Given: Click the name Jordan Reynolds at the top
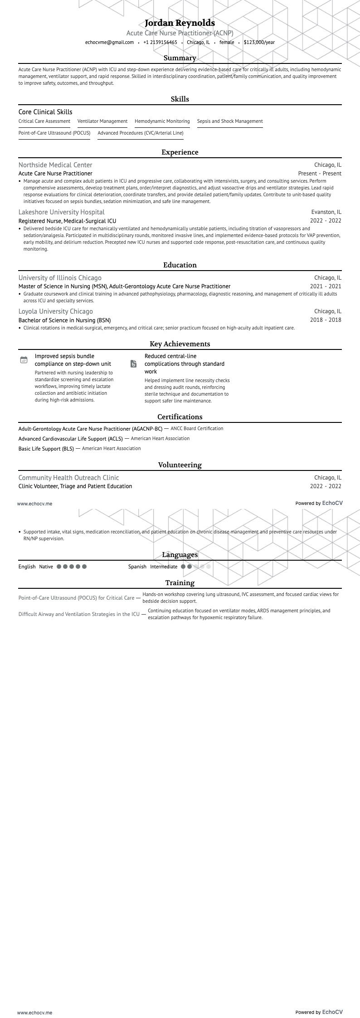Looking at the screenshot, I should click(x=180, y=23).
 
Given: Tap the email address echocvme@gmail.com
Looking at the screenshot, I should click(x=109, y=42).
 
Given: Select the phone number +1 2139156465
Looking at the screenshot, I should click(x=160, y=42).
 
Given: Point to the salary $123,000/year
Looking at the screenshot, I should click(x=259, y=42).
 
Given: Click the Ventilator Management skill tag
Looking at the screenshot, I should click(x=102, y=121).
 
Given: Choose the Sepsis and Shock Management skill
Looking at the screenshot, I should click(x=230, y=121).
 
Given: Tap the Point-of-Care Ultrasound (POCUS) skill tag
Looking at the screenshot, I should click(x=54, y=133).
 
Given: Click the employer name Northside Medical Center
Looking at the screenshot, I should click(x=55, y=165).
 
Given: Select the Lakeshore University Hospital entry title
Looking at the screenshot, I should click(x=62, y=212).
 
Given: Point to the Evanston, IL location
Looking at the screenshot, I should click(x=326, y=212).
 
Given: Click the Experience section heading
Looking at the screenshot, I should click(x=180, y=152).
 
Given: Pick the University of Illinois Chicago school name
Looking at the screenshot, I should click(x=60, y=278).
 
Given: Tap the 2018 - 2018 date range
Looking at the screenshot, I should click(x=326, y=320).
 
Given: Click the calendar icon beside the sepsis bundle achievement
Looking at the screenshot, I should click(x=24, y=360).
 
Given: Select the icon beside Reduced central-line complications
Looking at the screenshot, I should click(x=134, y=364).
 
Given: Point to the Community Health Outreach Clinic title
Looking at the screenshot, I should click(x=68, y=478).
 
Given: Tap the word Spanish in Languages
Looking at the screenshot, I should click(x=137, y=567).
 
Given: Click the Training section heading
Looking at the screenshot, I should click(x=180, y=583).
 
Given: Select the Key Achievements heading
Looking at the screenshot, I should click(x=180, y=344).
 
